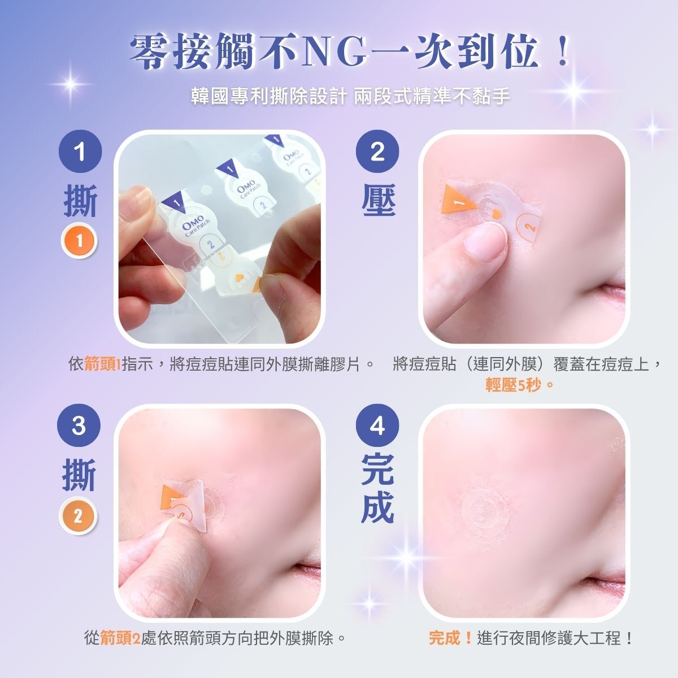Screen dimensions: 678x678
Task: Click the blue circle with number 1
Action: (80, 151)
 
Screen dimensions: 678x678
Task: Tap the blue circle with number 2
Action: (377, 151)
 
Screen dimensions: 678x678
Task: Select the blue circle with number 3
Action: (79, 425)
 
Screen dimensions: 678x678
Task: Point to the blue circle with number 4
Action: (377, 425)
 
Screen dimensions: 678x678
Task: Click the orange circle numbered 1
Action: (79, 241)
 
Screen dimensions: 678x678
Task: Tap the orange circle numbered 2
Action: (77, 516)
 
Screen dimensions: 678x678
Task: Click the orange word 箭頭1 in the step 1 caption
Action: (102, 363)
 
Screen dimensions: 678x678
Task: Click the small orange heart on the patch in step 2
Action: (496, 213)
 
